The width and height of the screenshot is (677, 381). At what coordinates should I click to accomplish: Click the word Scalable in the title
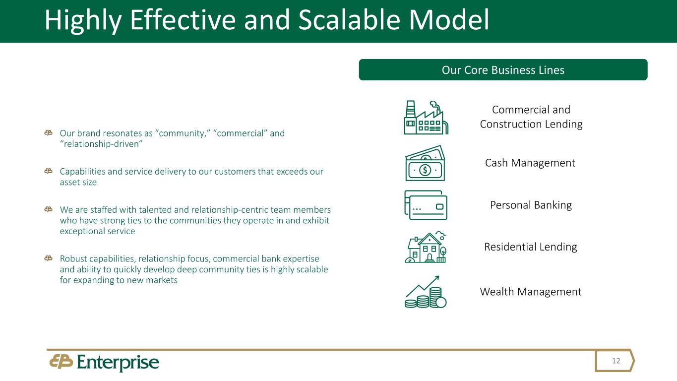point(349,20)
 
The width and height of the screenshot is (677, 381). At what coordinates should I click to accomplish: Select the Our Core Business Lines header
point(503,70)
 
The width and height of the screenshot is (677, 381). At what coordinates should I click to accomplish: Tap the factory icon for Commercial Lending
point(426,117)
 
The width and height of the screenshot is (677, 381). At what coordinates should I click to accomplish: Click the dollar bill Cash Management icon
point(425,163)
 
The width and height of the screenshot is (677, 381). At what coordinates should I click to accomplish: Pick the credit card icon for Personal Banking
point(426,205)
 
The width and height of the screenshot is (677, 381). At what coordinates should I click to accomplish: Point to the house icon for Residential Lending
point(426,247)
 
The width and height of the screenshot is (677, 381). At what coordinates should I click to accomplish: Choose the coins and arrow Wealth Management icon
point(426,292)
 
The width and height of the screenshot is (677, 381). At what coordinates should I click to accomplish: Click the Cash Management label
point(530,163)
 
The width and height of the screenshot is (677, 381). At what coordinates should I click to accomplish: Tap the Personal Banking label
point(531,205)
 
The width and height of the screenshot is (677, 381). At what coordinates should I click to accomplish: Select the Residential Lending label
point(531,247)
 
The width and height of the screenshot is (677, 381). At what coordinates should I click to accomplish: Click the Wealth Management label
point(531,292)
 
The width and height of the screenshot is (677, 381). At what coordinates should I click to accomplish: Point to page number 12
point(616,361)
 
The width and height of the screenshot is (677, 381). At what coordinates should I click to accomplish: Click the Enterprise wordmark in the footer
point(118,362)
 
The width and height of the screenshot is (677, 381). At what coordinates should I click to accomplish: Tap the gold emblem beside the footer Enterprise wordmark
point(61,361)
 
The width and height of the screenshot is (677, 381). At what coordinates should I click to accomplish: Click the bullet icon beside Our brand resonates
point(49,133)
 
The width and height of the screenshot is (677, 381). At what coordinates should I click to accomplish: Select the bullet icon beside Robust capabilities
point(49,258)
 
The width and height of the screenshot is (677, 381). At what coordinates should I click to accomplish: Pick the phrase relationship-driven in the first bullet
point(101,144)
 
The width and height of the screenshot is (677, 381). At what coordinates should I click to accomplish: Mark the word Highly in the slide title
point(83,20)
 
